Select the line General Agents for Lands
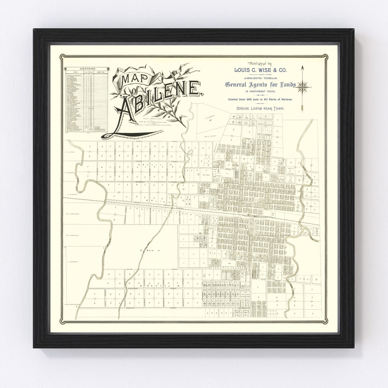coord(260,85)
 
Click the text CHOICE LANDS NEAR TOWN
coord(260,107)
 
